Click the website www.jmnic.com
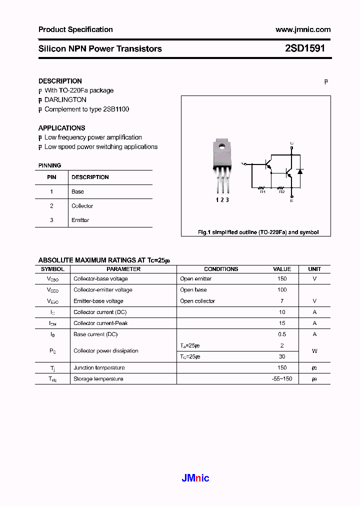303,29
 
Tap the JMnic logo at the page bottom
195,478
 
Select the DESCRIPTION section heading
60,81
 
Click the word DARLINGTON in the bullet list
65,100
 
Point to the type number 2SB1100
116,109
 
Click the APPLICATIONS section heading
61,128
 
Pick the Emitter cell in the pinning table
80,220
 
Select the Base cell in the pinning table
77,191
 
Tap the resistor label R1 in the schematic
261,191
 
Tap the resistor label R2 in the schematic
281,191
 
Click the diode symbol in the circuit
300,171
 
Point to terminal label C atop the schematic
292,143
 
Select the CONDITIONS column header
221,269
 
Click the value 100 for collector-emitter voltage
282,290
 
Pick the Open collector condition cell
197,301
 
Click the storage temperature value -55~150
282,379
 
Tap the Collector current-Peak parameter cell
100,323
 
